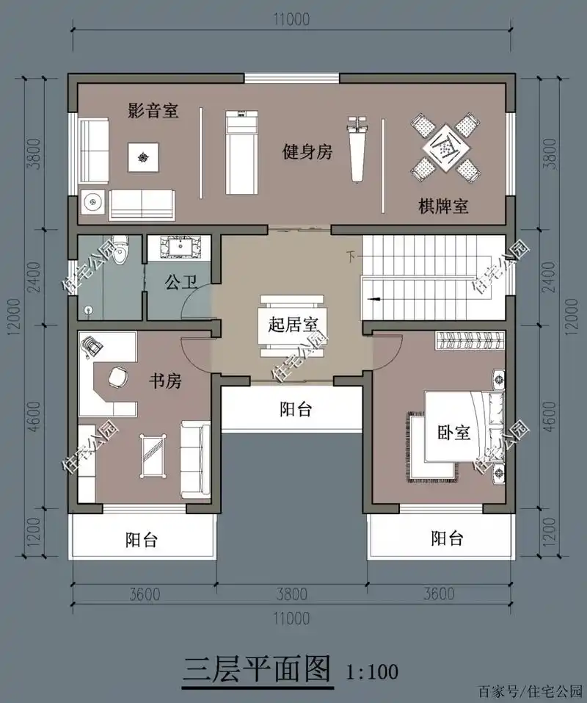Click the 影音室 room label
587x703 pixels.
pyautogui.click(x=153, y=112)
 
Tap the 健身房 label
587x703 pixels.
pyautogui.click(x=308, y=152)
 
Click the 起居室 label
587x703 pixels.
pyautogui.click(x=292, y=323)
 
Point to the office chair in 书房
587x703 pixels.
pyautogui.click(x=117, y=377)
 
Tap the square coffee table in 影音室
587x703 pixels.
pyautogui.click(x=142, y=155)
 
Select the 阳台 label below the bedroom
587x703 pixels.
pyautogui.click(x=446, y=538)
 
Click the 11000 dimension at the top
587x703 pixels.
pyautogui.click(x=292, y=19)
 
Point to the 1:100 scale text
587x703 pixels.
pyautogui.click(x=373, y=670)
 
